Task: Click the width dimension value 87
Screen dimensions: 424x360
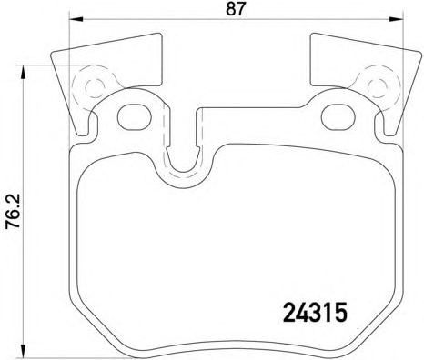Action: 235,9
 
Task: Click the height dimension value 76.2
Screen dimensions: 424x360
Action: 14,211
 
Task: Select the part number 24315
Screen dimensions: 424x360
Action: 315,313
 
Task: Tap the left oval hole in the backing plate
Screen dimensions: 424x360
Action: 135,117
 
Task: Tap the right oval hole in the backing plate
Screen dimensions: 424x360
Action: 338,117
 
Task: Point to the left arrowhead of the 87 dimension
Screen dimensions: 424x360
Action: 76,19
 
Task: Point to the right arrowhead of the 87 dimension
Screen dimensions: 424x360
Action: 396,19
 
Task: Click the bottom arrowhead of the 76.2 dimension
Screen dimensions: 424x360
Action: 22,350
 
